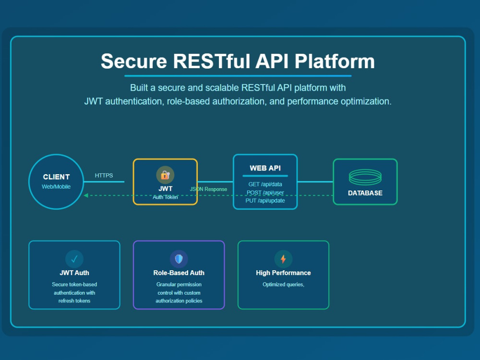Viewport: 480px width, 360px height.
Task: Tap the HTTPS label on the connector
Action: click(104, 175)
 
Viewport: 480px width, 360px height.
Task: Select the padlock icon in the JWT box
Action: click(165, 175)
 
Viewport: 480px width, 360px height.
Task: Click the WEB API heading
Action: click(265, 168)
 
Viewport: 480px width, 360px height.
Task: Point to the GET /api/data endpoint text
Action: click(265, 184)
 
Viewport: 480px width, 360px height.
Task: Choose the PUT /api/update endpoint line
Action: click(265, 201)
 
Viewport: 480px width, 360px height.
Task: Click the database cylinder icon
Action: click(365, 177)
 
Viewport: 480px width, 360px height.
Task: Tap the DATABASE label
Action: click(365, 193)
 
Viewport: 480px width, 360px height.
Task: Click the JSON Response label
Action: click(208, 189)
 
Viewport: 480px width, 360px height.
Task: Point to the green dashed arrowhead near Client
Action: click(86, 195)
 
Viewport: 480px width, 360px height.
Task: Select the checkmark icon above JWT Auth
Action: click(74, 259)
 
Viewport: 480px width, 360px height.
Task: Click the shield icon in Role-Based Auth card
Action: click(179, 259)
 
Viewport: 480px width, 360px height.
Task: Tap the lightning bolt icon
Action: click(283, 259)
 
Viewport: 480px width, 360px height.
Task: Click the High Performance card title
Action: click(284, 273)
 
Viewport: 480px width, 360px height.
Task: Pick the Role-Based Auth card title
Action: click(179, 273)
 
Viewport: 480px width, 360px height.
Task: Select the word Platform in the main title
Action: click(335, 61)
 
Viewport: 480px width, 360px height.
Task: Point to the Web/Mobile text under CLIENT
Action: click(56, 187)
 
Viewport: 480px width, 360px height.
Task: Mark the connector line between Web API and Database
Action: click(315, 182)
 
